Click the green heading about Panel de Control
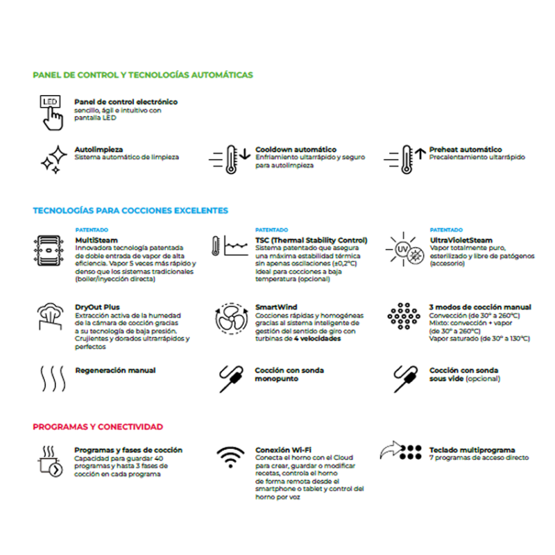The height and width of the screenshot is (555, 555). click(143, 75)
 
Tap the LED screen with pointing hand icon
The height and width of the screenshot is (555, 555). click(51, 112)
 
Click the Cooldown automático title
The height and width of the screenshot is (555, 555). click(296, 149)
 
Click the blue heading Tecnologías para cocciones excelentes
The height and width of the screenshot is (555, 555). click(130, 210)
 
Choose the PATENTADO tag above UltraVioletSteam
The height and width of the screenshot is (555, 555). click(446, 230)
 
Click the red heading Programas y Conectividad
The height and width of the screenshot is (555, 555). click(98, 427)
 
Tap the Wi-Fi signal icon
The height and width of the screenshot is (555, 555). click(230, 458)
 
